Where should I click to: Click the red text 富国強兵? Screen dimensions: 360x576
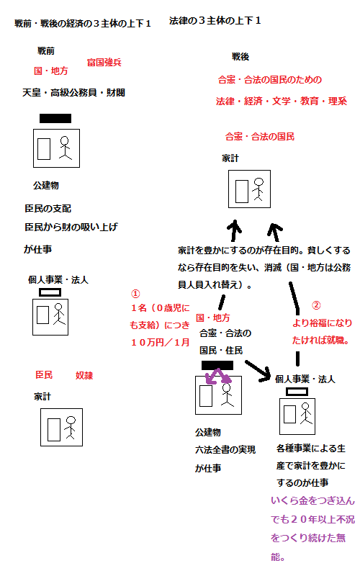104,63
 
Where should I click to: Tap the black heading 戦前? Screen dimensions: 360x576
46,50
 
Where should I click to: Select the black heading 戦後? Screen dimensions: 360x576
240,57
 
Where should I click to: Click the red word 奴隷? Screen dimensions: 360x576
84,375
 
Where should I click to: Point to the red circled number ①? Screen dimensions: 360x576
135,294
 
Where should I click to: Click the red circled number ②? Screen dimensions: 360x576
316,305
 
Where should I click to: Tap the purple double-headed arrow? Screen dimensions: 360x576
218,377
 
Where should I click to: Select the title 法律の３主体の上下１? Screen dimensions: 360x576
215,21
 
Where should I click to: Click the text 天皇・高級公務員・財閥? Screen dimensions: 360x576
74,93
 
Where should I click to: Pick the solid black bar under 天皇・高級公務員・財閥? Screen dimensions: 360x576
55,118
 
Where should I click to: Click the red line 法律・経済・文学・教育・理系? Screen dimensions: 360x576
282,101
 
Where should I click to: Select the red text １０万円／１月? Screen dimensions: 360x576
160,343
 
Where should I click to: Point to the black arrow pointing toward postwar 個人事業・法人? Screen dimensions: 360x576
258,371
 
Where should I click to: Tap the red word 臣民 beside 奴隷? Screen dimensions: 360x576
44,374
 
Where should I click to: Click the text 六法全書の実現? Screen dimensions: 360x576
225,449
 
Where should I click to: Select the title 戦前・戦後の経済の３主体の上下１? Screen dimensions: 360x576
83,24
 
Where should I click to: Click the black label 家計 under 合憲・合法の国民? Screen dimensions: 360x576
230,158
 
